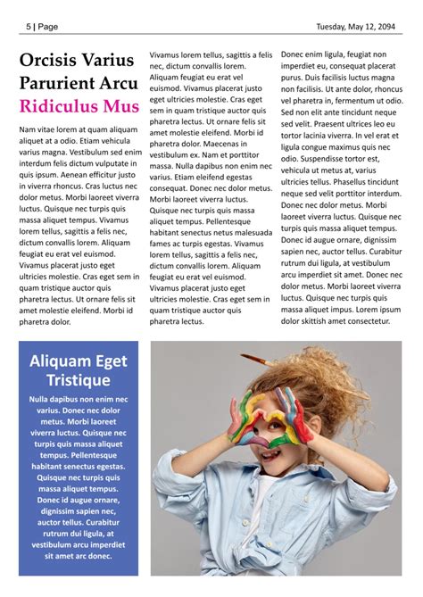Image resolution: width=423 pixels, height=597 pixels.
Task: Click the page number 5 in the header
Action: (x=29, y=27)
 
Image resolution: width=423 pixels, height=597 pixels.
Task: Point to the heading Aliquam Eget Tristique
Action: (x=79, y=370)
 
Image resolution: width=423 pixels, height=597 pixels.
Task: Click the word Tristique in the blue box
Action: (x=79, y=381)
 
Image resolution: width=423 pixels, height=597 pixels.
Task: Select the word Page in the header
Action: (x=48, y=27)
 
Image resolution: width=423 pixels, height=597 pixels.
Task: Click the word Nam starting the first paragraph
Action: (x=27, y=129)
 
